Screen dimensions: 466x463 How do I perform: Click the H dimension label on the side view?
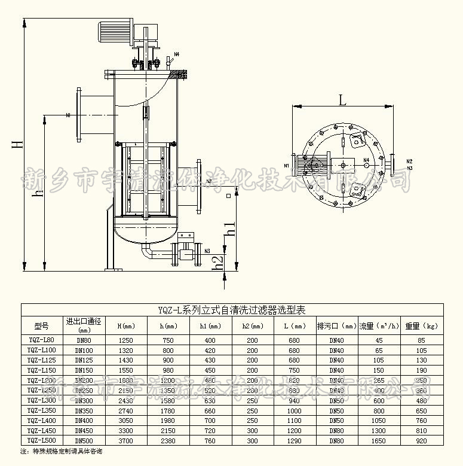point(19,142)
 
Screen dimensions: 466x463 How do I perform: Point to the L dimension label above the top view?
point(342,100)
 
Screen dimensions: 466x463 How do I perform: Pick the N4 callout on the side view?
point(176,55)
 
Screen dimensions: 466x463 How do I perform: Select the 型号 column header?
point(42,326)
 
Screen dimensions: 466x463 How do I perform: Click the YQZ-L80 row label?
point(42,340)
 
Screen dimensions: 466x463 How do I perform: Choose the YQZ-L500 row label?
point(42,440)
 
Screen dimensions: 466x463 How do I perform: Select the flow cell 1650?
point(379,440)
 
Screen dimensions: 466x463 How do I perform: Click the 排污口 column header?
point(336,326)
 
